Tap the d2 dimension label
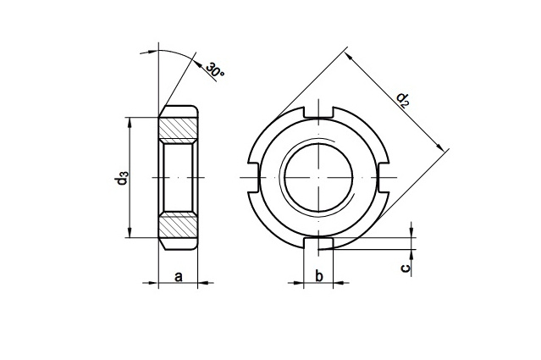(x=404, y=99)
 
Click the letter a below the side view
(x=179, y=276)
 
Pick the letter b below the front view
(x=318, y=276)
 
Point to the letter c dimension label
(x=406, y=268)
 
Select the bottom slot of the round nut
(x=318, y=243)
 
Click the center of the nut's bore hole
(x=318, y=178)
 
